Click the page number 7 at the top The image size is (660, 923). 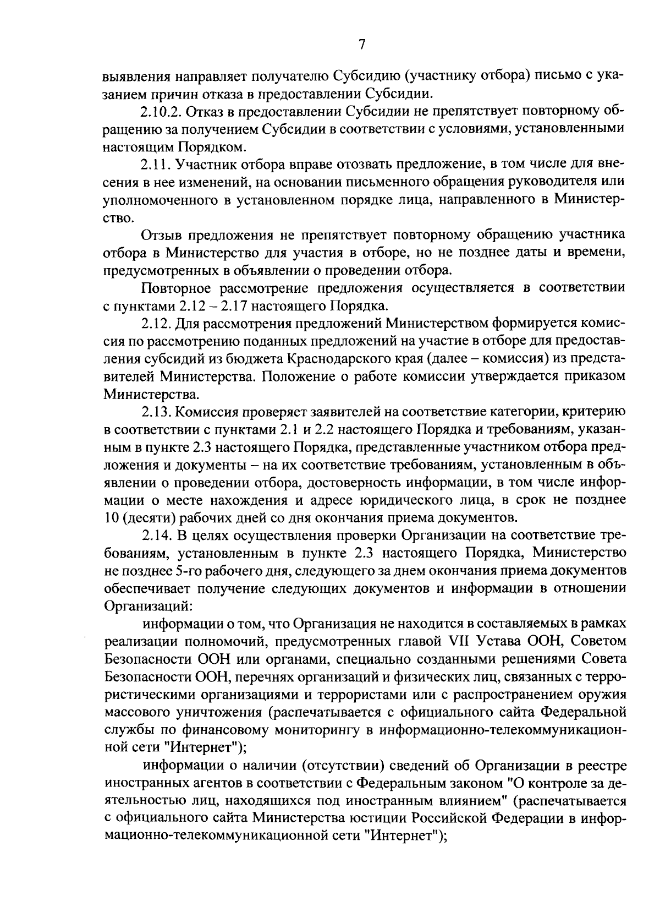tap(361, 45)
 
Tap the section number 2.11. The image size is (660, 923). tap(154, 165)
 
